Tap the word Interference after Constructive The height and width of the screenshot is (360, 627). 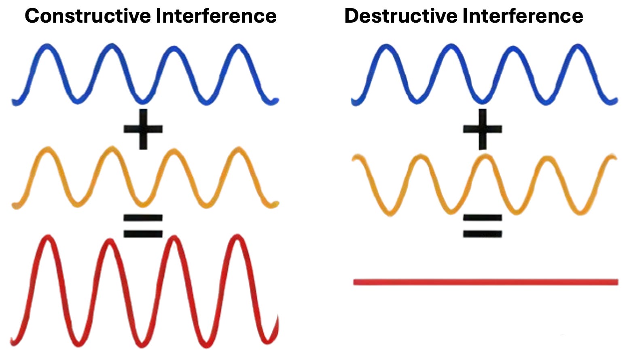(x=216, y=16)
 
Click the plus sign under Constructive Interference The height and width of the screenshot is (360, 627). (x=143, y=129)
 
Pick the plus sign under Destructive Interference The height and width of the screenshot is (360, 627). (x=482, y=129)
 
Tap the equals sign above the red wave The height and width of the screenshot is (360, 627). (x=143, y=226)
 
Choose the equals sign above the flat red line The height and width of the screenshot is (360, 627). (x=482, y=226)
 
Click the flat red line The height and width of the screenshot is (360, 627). (x=485, y=282)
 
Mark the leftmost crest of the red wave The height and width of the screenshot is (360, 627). (x=48, y=237)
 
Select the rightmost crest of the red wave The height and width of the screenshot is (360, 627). (x=238, y=237)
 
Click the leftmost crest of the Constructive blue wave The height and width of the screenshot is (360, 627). (x=47, y=46)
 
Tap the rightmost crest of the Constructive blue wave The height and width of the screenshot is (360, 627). (x=238, y=46)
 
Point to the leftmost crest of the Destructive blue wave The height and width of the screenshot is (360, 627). (x=387, y=46)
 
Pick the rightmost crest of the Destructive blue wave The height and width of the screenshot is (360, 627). (x=577, y=46)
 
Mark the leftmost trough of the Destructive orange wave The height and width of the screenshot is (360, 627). (x=389, y=213)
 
